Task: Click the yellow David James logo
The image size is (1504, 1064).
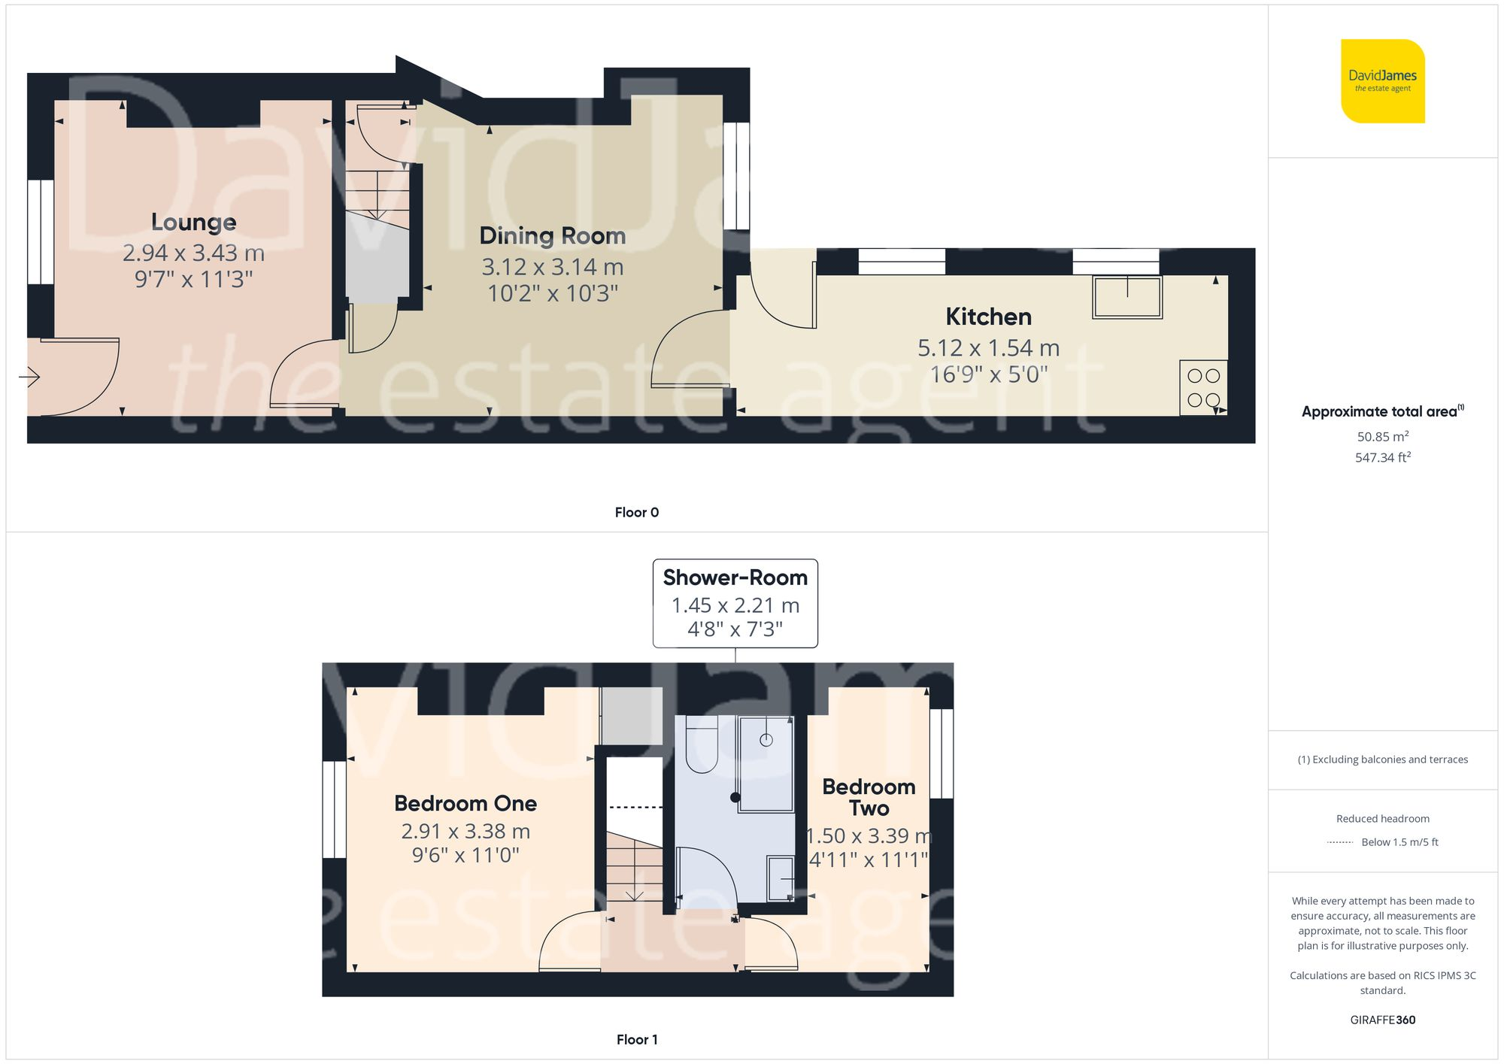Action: [x=1382, y=81]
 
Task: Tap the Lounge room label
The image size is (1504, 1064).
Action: [x=193, y=222]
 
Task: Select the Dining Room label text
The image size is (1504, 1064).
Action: [x=552, y=235]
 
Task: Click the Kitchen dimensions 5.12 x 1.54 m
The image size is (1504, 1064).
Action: [x=988, y=347]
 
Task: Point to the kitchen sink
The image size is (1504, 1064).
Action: [x=1126, y=297]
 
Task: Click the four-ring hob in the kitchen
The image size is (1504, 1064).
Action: [x=1203, y=388]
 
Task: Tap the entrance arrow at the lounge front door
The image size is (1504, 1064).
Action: [x=30, y=376]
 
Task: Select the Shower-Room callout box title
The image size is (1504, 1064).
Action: [x=735, y=577]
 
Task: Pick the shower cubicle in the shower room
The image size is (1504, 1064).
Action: [x=766, y=763]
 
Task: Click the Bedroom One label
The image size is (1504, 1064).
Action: [x=465, y=803]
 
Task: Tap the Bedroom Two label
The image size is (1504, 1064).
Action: [x=869, y=797]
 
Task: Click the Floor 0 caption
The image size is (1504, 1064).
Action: [x=636, y=512]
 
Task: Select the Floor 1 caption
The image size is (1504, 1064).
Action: [x=636, y=1039]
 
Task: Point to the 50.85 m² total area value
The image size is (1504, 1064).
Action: [x=1382, y=436]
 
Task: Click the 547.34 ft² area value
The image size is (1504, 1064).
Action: [x=1382, y=457]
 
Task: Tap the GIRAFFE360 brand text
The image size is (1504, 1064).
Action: [x=1382, y=1020]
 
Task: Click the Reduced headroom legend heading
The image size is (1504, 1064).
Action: [x=1382, y=818]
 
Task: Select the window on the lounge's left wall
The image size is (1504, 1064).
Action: [x=41, y=232]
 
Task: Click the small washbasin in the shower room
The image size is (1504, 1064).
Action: [x=781, y=878]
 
